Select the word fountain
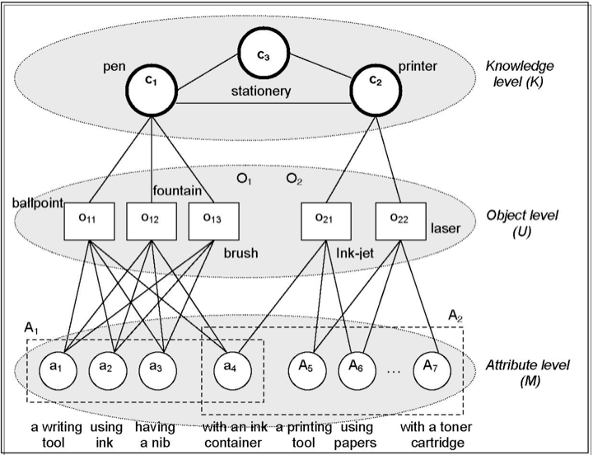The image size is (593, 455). click(x=178, y=190)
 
